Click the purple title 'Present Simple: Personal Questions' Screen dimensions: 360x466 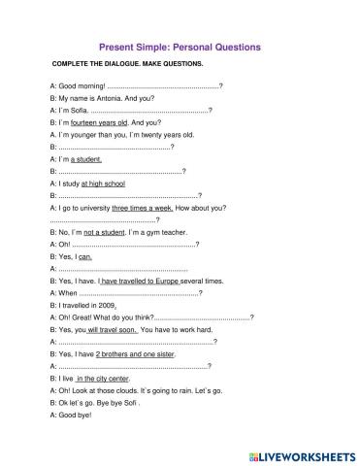click(180, 46)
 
